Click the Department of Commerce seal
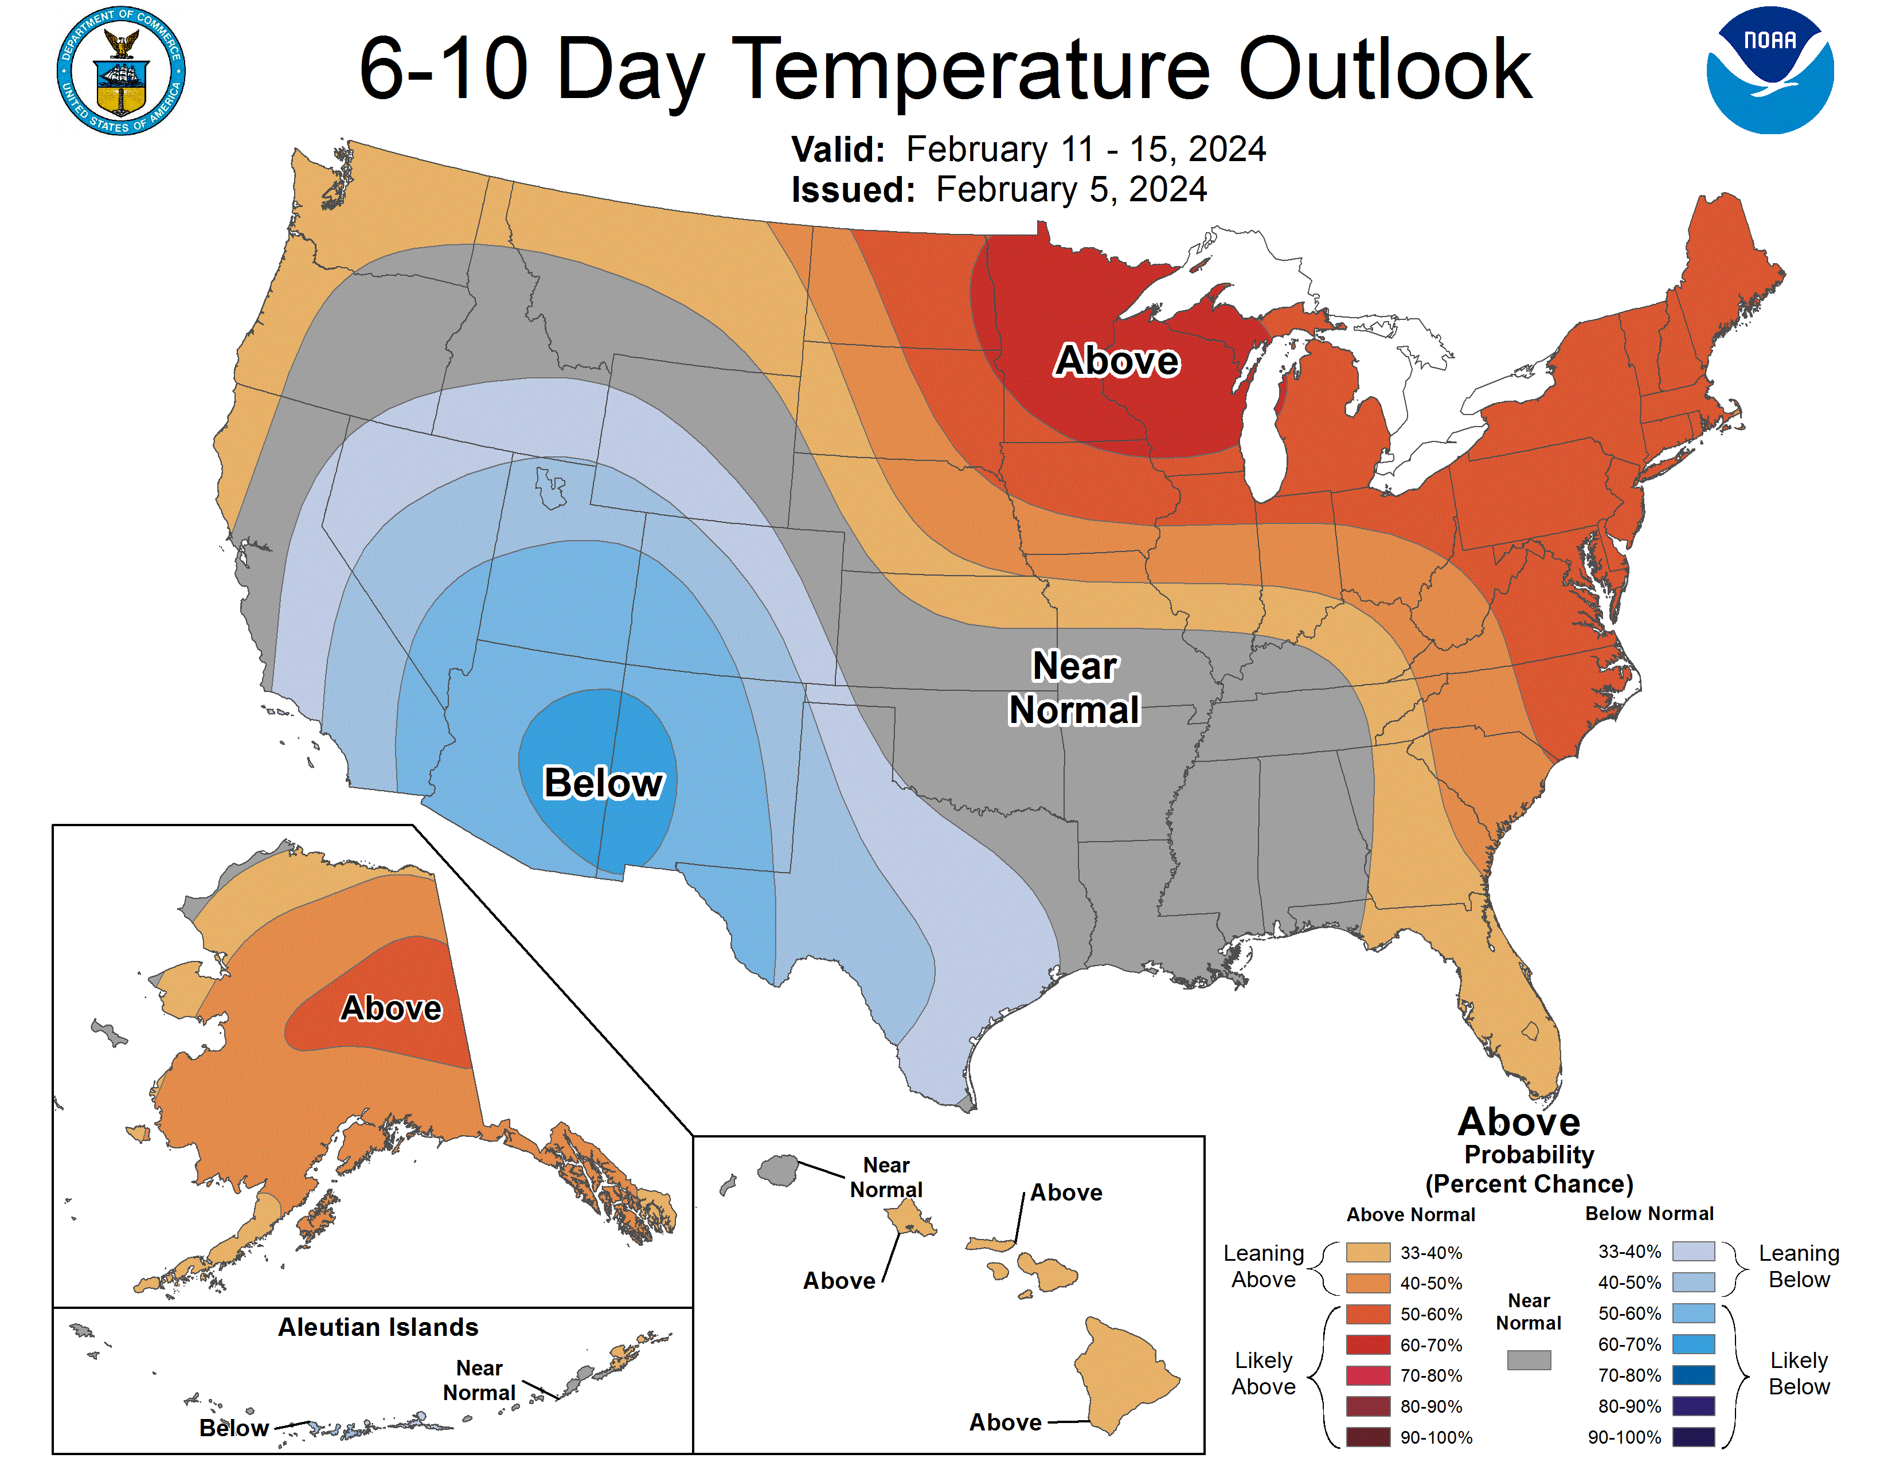tap(122, 71)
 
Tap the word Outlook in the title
tap(1385, 69)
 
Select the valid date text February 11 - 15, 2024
tap(1085, 150)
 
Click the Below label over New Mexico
tap(603, 783)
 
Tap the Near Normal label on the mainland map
tap(1074, 689)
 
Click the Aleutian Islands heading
tap(378, 1327)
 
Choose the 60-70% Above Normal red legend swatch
tap(1368, 1344)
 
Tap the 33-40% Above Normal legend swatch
tap(1368, 1252)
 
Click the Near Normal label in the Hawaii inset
tap(885, 1177)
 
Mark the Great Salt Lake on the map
tap(550, 488)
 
